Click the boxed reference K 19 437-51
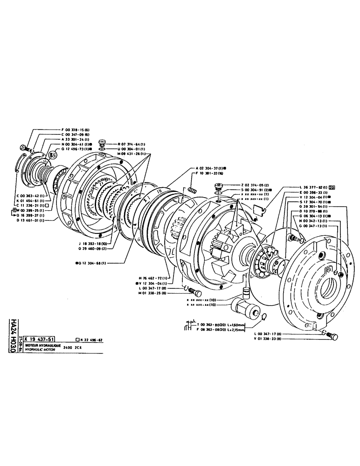[x=40, y=340]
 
